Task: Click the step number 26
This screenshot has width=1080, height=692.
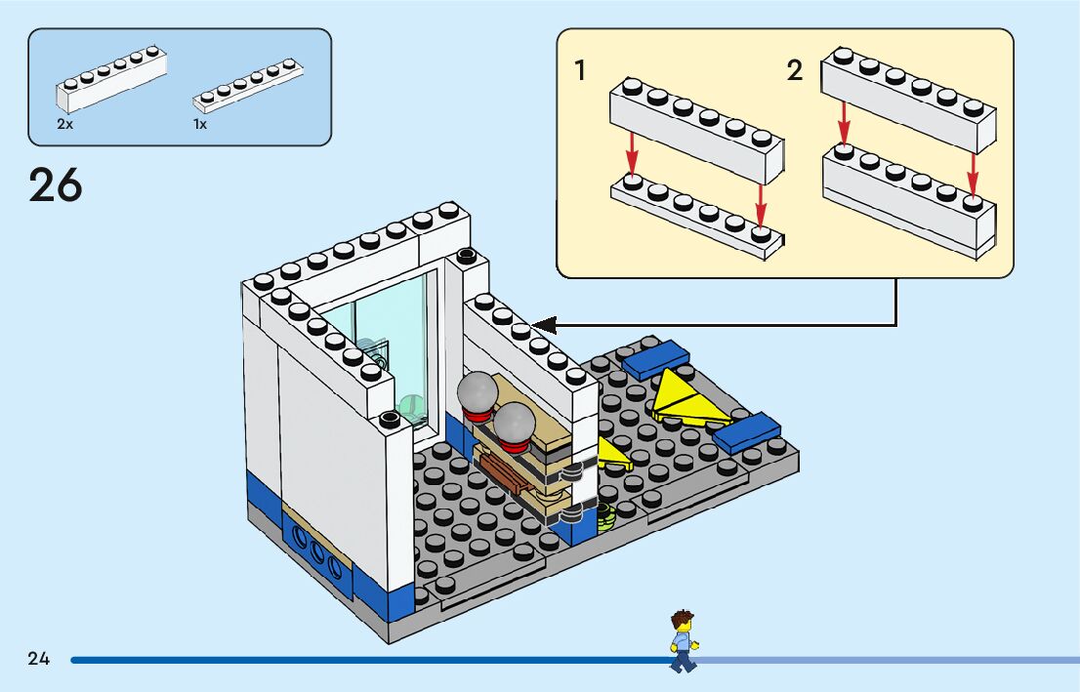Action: click(x=56, y=184)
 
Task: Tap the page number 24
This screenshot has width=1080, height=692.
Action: click(x=39, y=659)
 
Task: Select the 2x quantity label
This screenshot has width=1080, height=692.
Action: click(x=64, y=125)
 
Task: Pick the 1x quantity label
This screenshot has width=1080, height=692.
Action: click(x=200, y=125)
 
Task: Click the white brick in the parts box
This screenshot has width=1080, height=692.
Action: click(x=109, y=80)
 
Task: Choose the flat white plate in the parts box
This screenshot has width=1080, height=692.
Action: click(x=248, y=86)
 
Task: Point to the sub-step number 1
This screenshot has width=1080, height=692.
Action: click(x=580, y=70)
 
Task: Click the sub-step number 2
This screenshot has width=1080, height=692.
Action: click(x=795, y=70)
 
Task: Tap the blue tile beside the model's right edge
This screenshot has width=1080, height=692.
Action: click(x=748, y=432)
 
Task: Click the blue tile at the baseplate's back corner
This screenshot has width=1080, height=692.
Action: click(x=656, y=359)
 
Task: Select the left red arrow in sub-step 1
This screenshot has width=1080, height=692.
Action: click(x=633, y=152)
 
